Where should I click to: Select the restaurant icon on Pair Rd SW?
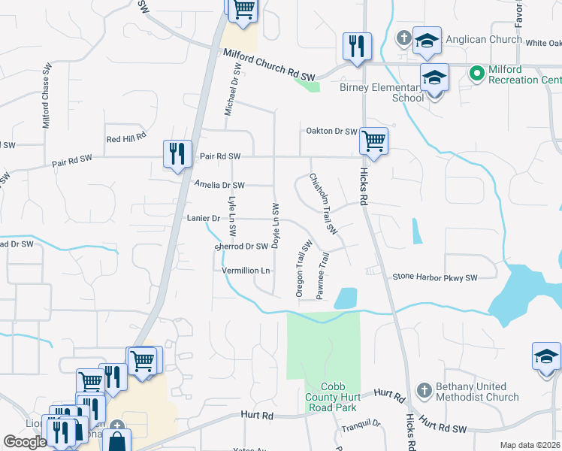point(177,154)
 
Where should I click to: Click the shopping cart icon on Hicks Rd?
point(373,140)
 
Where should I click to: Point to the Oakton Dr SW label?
point(331,132)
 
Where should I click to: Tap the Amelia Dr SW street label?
point(219,185)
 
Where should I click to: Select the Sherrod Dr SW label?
point(242,247)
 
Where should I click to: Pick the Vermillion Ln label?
point(246,271)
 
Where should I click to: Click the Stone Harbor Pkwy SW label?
point(435,278)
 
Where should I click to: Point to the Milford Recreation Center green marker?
point(476,73)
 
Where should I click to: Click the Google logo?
point(25,442)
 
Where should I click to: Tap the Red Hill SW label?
point(125,139)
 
